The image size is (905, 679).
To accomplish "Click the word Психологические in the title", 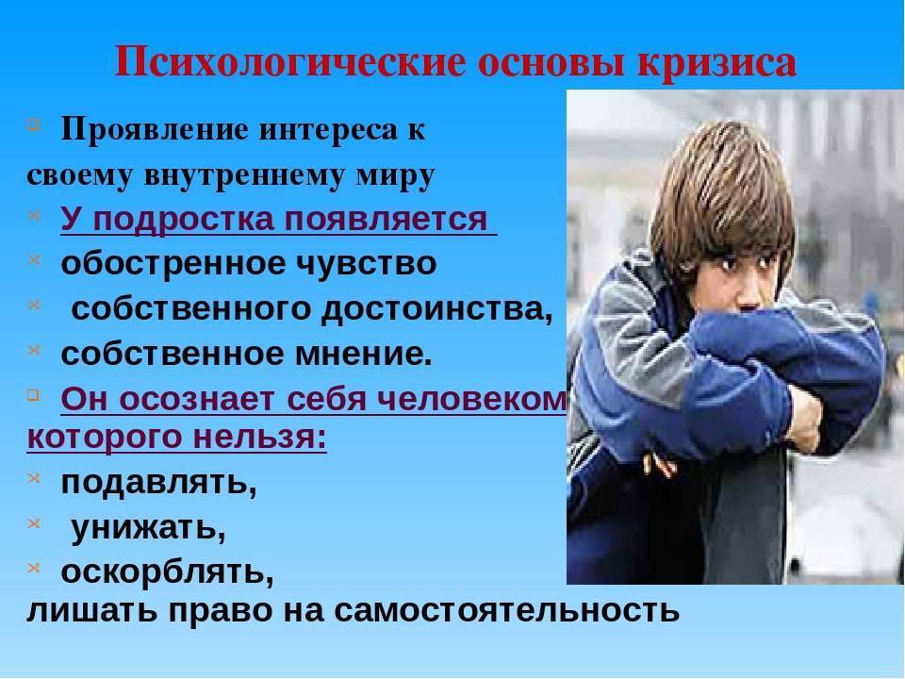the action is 290,62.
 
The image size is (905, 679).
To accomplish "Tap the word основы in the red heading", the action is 551,62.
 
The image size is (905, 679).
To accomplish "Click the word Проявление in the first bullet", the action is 155,130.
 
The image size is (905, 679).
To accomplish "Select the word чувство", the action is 366,264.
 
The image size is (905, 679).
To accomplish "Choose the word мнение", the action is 363,354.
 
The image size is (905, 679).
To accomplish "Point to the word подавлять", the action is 158,483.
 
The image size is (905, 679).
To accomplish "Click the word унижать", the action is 148,528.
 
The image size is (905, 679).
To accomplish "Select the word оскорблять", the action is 168,571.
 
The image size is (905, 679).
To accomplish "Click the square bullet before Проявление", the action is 34,123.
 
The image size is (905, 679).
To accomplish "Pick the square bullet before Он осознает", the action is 34,394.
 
